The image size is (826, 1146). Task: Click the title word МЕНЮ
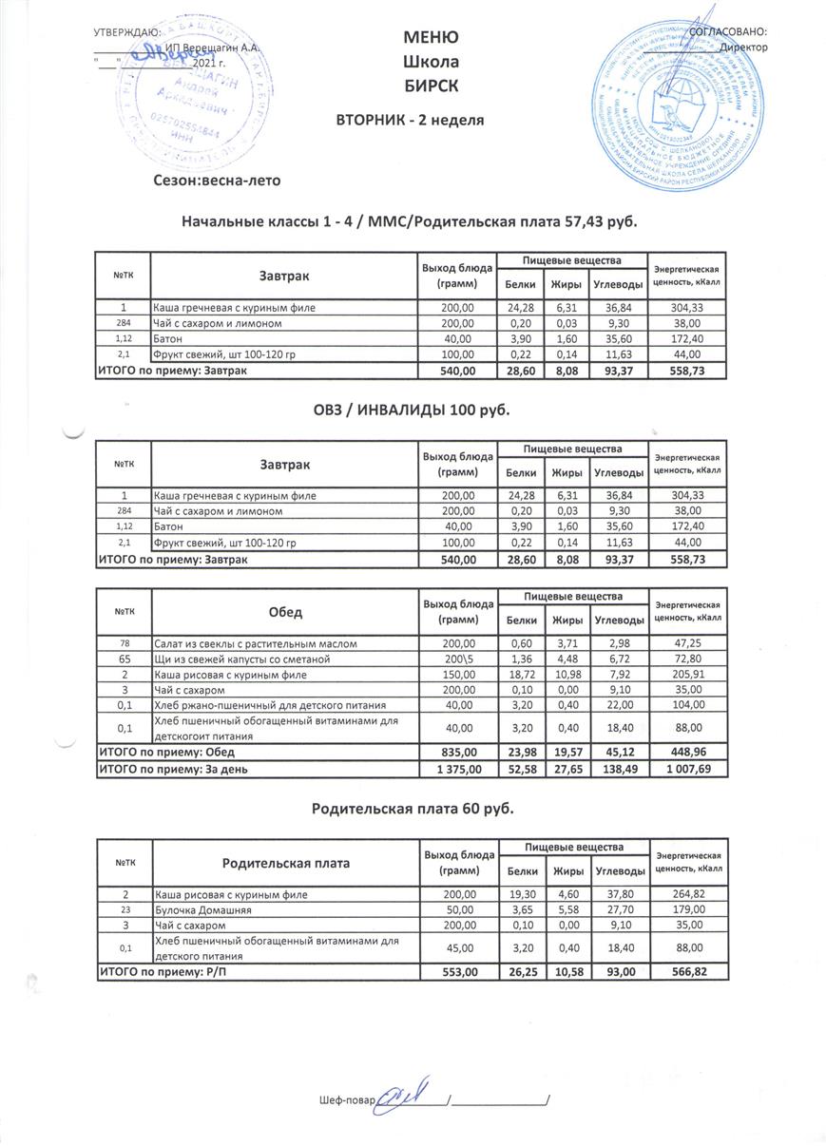[431, 38]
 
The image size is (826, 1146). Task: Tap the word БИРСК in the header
[431, 86]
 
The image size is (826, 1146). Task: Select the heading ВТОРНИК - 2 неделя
[411, 120]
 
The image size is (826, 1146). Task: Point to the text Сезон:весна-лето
[218, 179]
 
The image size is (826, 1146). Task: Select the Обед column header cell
[285, 613]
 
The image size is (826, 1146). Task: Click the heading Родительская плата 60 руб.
[413, 808]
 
